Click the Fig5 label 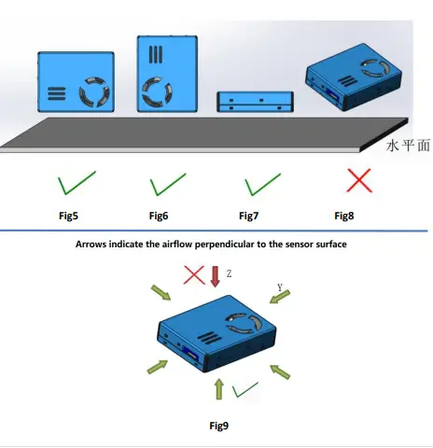pyautogui.click(x=68, y=216)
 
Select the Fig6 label pyautogui.click(x=159, y=216)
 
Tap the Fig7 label pyautogui.click(x=248, y=216)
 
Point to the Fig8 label pyautogui.click(x=344, y=216)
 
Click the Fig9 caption pyautogui.click(x=219, y=426)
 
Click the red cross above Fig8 pyautogui.click(x=359, y=180)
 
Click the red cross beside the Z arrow pyautogui.click(x=193, y=274)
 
